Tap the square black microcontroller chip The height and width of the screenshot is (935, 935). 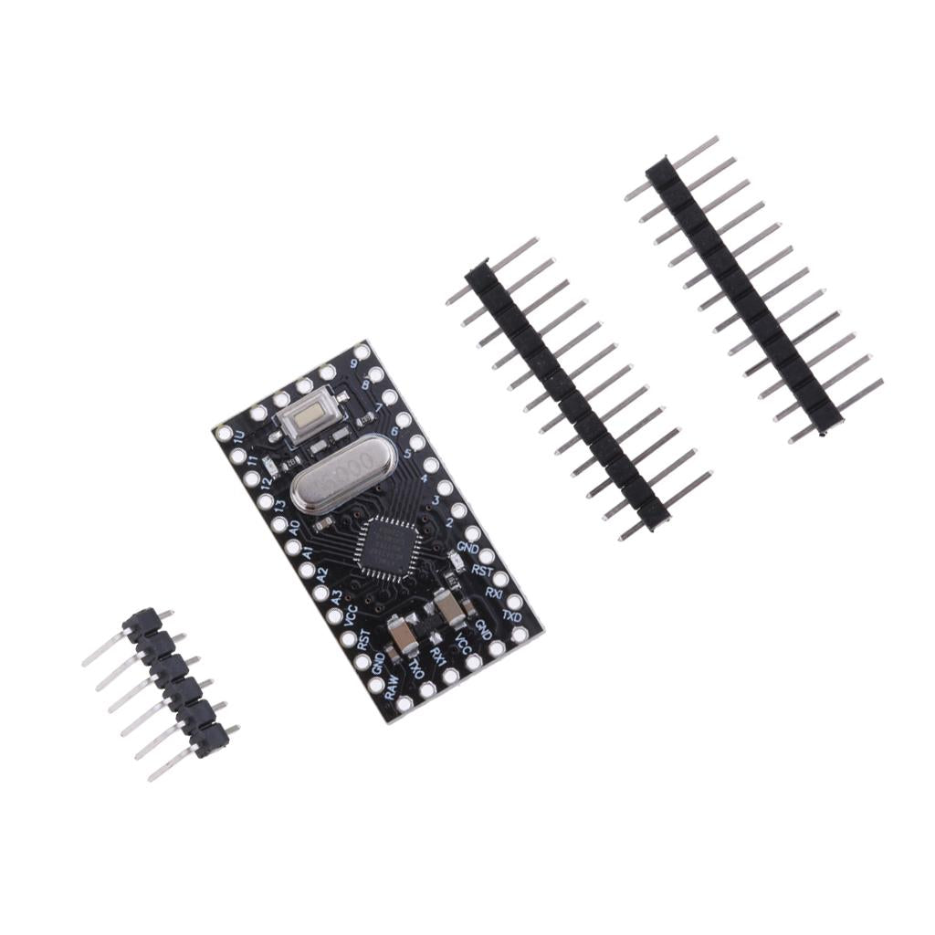pyautogui.click(x=389, y=545)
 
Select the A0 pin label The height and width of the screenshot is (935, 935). pyautogui.click(x=294, y=528)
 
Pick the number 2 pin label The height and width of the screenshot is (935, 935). pyautogui.click(x=449, y=523)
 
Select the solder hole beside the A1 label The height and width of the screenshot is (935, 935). pyautogui.click(x=293, y=548)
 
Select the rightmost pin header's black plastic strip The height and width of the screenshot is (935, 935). pyautogui.click(x=744, y=293)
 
